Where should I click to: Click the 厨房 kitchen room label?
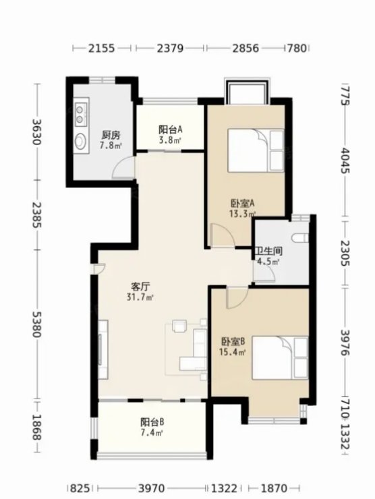pyautogui.click(x=111, y=136)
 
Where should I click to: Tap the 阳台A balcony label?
pyautogui.click(x=171, y=129)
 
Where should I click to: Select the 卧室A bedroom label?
pyautogui.click(x=243, y=203)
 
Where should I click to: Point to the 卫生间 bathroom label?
pyautogui.click(x=268, y=251)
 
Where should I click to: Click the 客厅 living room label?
pyautogui.click(x=140, y=287)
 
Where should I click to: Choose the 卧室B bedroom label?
pyautogui.click(x=233, y=341)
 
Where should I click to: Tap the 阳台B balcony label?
pyautogui.click(x=152, y=422)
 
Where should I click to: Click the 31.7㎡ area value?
pyautogui.click(x=140, y=297)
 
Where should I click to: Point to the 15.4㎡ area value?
pyautogui.click(x=233, y=352)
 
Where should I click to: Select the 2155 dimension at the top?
pyautogui.click(x=102, y=49)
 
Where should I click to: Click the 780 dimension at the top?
pyautogui.click(x=297, y=49)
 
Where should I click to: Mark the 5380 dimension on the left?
pyautogui.click(x=37, y=324)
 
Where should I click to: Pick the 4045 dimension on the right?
pyautogui.click(x=345, y=160)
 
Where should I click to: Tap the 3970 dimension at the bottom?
pyautogui.click(x=152, y=488)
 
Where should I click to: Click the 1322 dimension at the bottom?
pyautogui.click(x=224, y=488)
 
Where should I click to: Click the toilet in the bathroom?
pyautogui.click(x=300, y=238)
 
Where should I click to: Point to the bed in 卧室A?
pyautogui.click(x=256, y=150)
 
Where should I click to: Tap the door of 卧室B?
pyautogui.click(x=237, y=297)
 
